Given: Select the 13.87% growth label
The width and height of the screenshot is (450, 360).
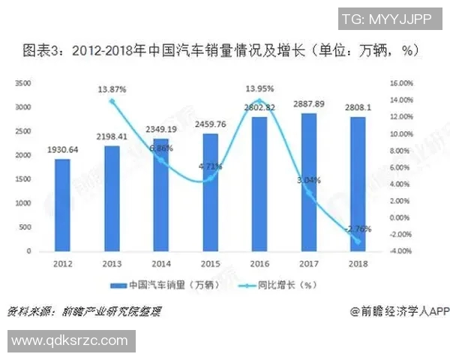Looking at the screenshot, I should (112, 89).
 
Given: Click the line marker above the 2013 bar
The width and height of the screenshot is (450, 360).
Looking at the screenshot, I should (112, 101).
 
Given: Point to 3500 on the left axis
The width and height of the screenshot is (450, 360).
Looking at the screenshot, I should (22, 82).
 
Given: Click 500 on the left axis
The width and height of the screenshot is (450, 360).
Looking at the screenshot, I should (24, 227).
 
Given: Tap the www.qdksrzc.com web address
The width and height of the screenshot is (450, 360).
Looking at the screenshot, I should (69, 340).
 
